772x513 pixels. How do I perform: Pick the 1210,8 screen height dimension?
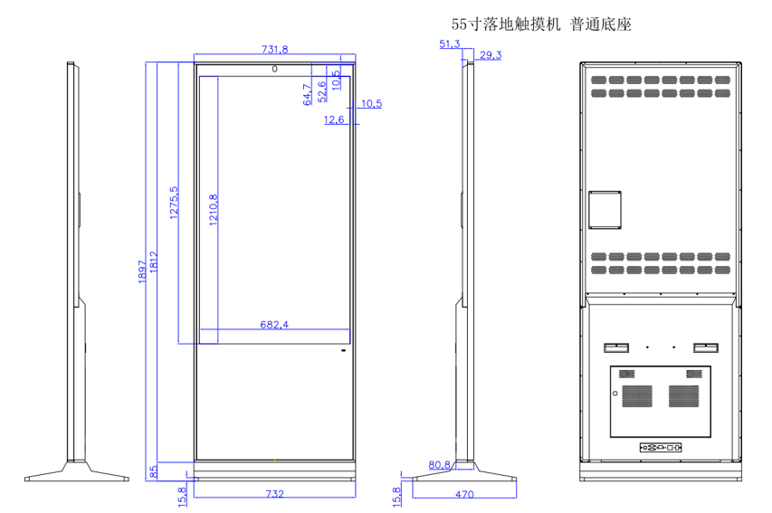point(212,210)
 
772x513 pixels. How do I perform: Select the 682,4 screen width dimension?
point(273,324)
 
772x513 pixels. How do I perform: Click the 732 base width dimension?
point(275,494)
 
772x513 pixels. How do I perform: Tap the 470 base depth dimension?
point(464,494)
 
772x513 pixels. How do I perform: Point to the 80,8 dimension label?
point(439,465)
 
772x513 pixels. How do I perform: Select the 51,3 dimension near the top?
point(449,43)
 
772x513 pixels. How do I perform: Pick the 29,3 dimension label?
point(491,55)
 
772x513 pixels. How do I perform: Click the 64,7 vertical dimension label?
point(307,93)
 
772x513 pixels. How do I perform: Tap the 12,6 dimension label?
point(334,119)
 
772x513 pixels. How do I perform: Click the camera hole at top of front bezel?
point(274,67)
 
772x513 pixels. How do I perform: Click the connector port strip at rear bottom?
point(661,447)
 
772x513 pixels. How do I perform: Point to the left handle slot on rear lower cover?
point(616,347)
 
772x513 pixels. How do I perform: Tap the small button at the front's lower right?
point(344,350)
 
